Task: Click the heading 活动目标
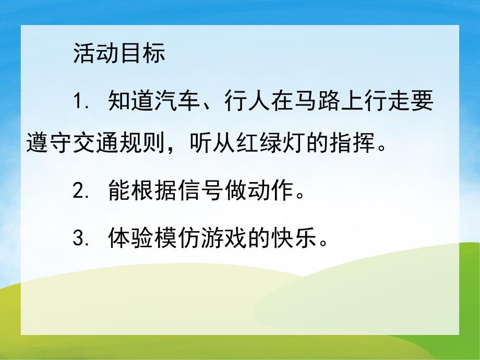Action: click(119, 54)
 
